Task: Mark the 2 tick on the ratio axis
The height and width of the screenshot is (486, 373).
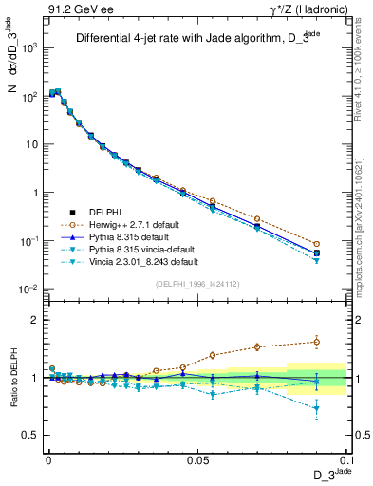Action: pos(35,320)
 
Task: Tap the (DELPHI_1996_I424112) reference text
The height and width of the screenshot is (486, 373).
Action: pos(198,283)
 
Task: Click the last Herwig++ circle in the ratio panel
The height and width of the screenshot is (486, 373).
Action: pos(316,342)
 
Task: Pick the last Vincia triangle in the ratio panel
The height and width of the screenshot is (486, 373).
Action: pos(316,409)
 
